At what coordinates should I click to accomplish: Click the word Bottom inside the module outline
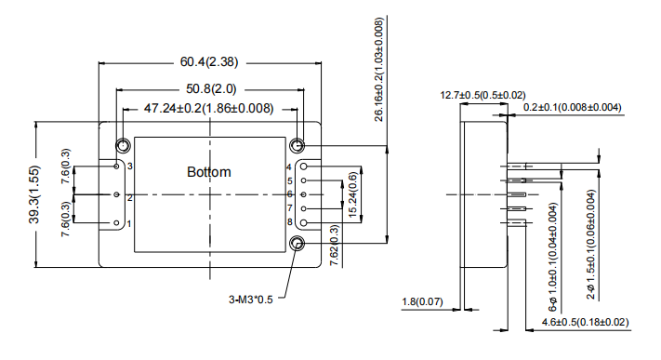pyautogui.click(x=208, y=172)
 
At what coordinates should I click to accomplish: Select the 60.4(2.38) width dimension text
pyautogui.click(x=209, y=62)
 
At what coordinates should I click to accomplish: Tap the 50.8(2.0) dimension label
pyautogui.click(x=210, y=89)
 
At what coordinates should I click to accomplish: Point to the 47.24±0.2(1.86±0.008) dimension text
pyautogui.click(x=208, y=109)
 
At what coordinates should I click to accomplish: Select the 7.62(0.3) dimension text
pyautogui.click(x=335, y=250)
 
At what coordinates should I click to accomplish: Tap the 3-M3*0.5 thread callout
pyautogui.click(x=251, y=300)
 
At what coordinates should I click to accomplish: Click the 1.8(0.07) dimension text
pyautogui.click(x=422, y=302)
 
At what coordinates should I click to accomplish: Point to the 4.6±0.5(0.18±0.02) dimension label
pyautogui.click(x=577, y=323)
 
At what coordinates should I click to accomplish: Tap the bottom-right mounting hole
pyautogui.click(x=297, y=244)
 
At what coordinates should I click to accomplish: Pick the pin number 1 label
pyautogui.click(x=129, y=224)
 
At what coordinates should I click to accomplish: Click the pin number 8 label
pyautogui.click(x=289, y=223)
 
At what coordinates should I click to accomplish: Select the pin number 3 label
pyautogui.click(x=129, y=166)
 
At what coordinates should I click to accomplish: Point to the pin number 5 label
pyautogui.click(x=289, y=180)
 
